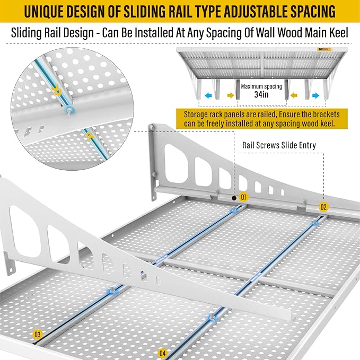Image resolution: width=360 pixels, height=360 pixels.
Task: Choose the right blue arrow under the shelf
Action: (316, 95)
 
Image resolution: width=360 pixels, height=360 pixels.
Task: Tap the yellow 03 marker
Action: (38, 335)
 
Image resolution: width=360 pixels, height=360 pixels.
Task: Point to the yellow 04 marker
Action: (162, 352)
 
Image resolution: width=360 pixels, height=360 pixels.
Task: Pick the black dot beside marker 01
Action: (232, 197)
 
